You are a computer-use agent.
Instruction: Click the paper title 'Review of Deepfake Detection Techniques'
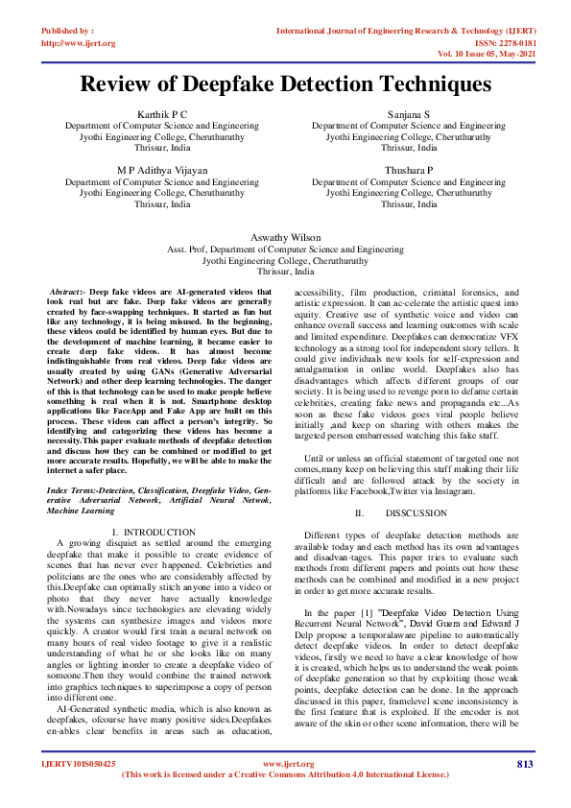tap(285, 84)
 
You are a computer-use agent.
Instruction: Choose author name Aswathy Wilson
tap(285, 236)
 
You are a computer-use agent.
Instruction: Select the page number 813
tap(524, 764)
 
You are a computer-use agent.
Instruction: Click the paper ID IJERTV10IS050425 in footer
tap(78, 764)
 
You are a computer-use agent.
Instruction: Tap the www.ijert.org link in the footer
tap(284, 764)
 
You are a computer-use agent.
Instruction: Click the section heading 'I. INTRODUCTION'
tap(154, 532)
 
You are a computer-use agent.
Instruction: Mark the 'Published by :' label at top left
tap(67, 31)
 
